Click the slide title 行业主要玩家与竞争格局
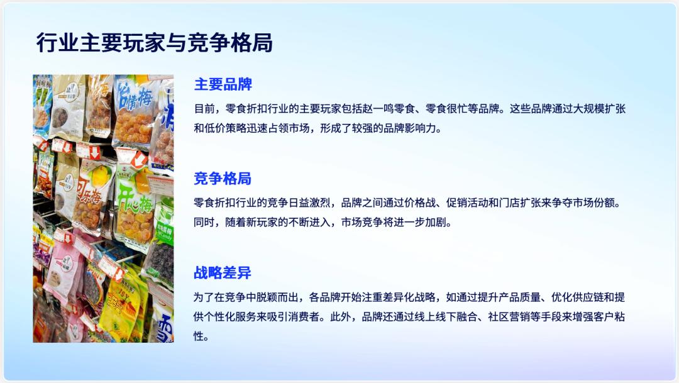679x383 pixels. tap(155, 43)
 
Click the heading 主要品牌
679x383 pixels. tap(223, 84)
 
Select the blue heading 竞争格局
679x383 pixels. tap(223, 179)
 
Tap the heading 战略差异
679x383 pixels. tap(223, 273)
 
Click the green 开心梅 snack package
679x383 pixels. tap(135, 201)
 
